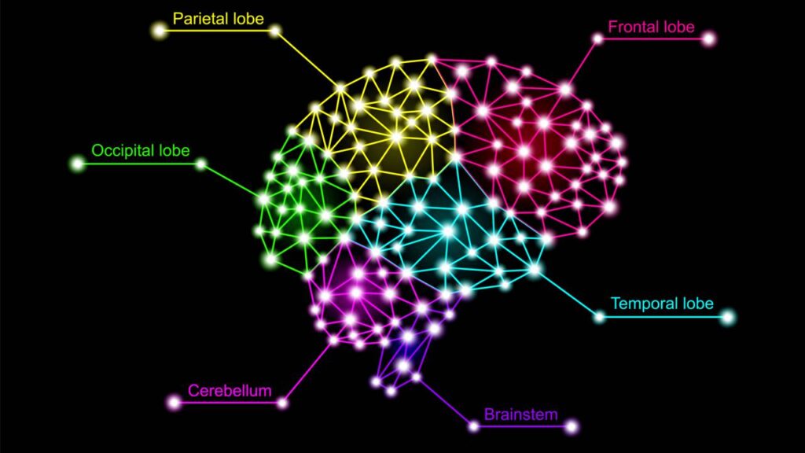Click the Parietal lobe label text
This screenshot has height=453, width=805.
219,17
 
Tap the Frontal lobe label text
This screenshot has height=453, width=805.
651,27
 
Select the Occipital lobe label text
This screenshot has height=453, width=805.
141,149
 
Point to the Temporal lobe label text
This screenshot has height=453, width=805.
662,303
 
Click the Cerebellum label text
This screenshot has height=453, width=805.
230,390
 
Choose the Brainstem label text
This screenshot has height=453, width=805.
520,414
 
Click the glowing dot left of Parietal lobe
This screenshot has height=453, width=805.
160,31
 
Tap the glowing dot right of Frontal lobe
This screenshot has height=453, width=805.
708,38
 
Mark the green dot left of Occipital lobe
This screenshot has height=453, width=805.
77,164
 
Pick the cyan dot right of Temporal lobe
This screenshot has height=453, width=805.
727,317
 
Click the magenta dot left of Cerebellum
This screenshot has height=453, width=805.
175,403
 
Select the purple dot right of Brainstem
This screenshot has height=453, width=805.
571,427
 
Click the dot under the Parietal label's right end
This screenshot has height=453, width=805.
275,31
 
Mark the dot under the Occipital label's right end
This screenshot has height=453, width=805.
201,164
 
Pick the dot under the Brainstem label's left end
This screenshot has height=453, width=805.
473,427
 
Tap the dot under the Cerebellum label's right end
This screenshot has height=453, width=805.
282,403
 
